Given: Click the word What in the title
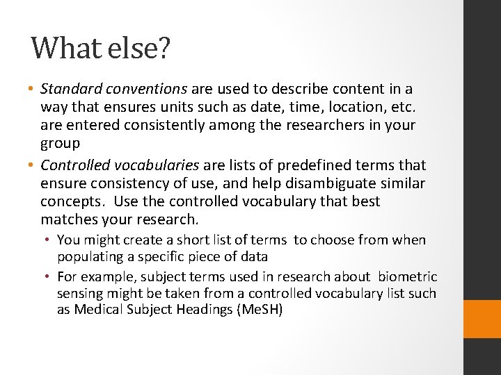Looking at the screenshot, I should pyautogui.click(x=66, y=48).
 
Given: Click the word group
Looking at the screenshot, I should pyautogui.click(x=61, y=143).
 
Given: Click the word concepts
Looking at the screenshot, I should pyautogui.click(x=71, y=201).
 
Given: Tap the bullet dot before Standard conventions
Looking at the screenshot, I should pyautogui.click(x=33, y=90).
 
